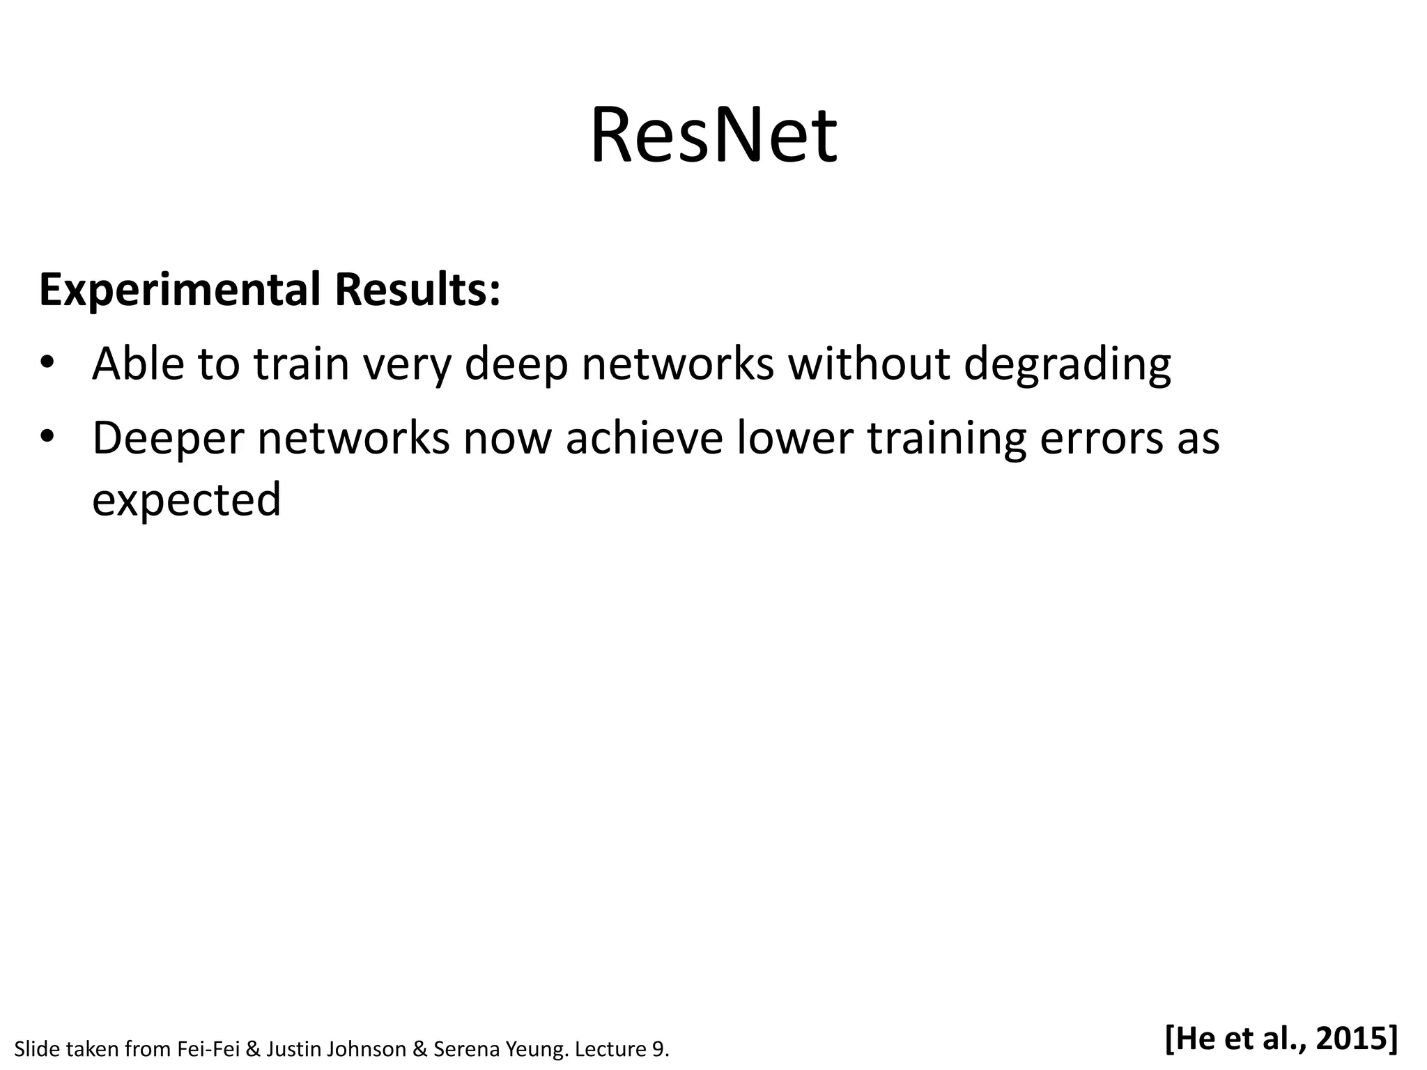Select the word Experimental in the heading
(178, 290)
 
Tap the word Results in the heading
(417, 289)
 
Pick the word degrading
(1067, 365)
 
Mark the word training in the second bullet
(946, 439)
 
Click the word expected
(186, 500)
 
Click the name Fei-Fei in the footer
(208, 1049)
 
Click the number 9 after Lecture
(656, 1049)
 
